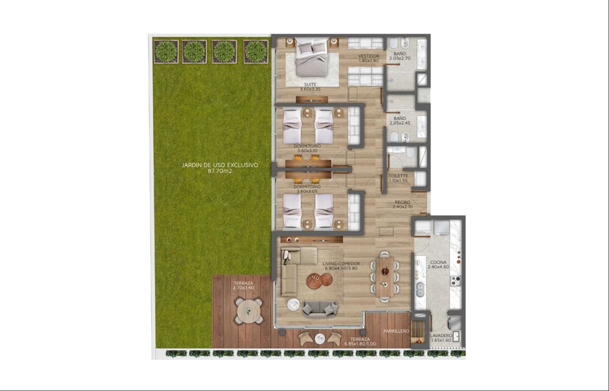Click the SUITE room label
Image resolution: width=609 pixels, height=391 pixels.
(310, 84)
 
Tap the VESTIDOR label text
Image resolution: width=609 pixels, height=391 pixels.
(368, 56)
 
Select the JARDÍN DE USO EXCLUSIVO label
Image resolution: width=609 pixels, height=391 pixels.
(220, 165)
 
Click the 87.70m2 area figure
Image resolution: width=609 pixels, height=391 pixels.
(220, 171)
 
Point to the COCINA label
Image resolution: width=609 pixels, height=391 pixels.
(438, 262)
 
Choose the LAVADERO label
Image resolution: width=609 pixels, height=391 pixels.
(441, 336)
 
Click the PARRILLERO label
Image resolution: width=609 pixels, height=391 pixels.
(396, 331)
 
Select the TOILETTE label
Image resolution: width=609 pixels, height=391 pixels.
(398, 176)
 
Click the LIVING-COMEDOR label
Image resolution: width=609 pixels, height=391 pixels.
(341, 264)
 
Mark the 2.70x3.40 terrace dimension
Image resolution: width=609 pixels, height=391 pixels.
(243, 288)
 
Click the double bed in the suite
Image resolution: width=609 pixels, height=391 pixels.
(311, 57)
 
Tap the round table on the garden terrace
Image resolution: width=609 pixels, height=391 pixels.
(249, 311)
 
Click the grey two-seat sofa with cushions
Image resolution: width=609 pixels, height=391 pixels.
(320, 309)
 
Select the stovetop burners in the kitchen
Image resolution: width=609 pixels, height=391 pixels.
(456, 281)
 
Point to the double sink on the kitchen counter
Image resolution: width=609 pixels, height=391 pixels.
(420, 289)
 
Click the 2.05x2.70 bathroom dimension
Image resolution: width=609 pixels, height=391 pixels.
(400, 58)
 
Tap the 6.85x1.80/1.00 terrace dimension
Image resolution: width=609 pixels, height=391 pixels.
(360, 344)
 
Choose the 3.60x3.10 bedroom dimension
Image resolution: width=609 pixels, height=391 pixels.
(307, 151)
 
